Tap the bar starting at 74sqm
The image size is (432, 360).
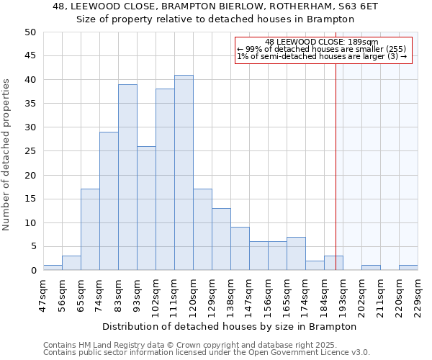tap(109, 201)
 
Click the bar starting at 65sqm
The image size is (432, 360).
tap(90, 230)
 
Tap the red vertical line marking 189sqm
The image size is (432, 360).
tap(336, 166)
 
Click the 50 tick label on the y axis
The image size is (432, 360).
tap(30, 32)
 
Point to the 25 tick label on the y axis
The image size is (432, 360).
tap(30, 151)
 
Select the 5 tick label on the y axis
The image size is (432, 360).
tap(32, 246)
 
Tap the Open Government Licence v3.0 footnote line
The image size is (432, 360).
tap(206, 353)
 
